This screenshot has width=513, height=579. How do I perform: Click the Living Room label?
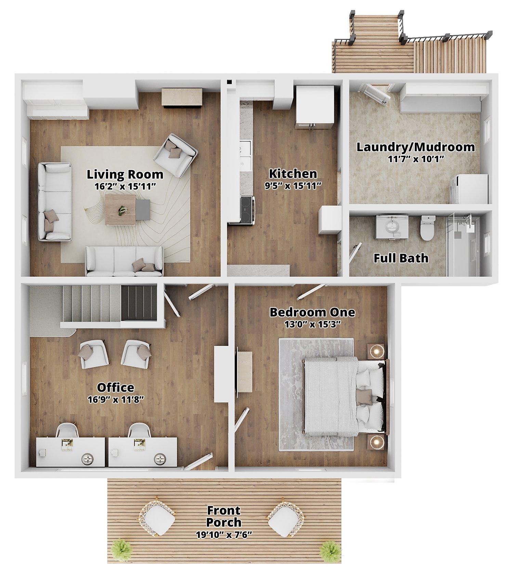click(x=125, y=174)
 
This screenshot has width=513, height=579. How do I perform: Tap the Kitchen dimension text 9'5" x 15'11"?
click(x=293, y=186)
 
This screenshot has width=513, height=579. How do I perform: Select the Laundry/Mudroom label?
click(x=416, y=147)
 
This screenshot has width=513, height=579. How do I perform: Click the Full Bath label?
click(x=401, y=258)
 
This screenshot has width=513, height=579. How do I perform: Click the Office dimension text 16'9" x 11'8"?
click(x=115, y=400)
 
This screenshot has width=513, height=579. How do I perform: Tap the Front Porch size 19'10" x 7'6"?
click(x=224, y=535)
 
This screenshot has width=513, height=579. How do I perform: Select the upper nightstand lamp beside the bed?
click(x=377, y=351)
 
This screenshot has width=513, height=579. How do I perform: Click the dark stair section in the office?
click(x=139, y=303)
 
